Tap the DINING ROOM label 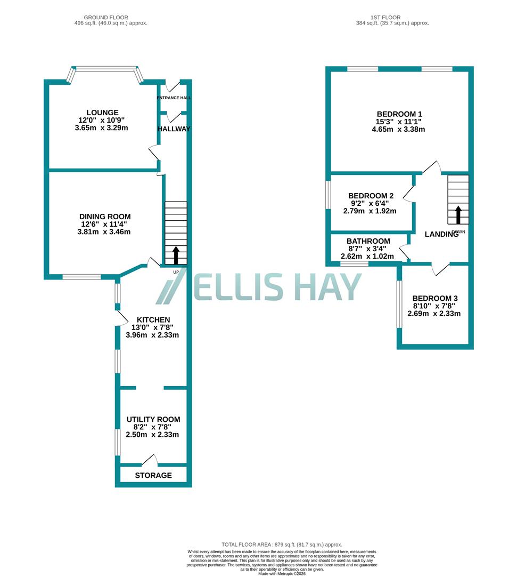click(x=104, y=217)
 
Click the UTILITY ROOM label click(x=153, y=419)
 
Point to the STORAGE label click(x=153, y=475)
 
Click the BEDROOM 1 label click(x=399, y=114)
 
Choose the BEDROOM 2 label click(x=371, y=196)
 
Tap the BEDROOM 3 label click(x=434, y=298)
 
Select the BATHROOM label click(x=368, y=241)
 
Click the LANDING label click(x=441, y=234)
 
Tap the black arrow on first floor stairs click(x=458, y=215)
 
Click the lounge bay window click(x=105, y=69)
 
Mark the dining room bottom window click(x=81, y=277)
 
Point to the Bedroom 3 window click(x=398, y=304)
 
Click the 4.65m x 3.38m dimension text click(x=399, y=129)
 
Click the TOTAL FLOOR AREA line click(x=282, y=545)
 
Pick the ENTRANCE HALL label click(x=174, y=98)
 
